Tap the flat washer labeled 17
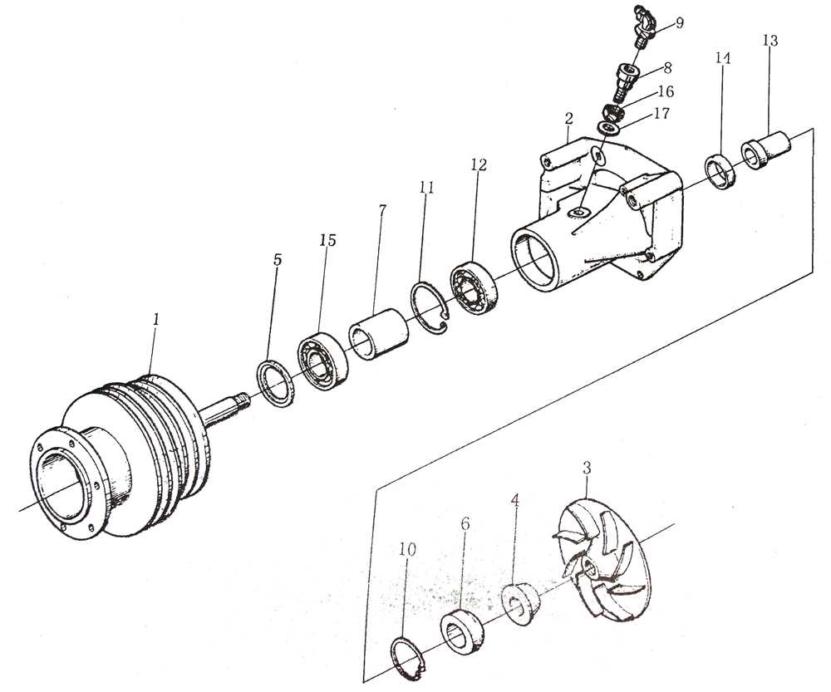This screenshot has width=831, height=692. tap(612, 128)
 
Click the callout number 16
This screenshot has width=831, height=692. tap(666, 91)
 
